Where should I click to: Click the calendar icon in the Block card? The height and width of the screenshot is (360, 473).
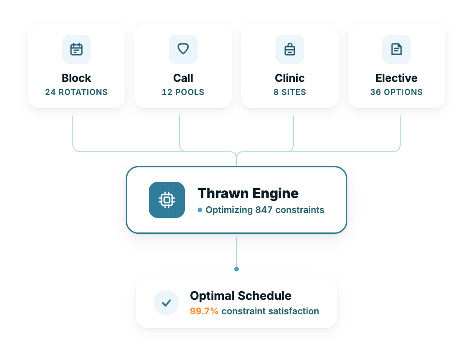pos(76,49)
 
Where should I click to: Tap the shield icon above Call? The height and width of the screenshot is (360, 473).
pos(183,49)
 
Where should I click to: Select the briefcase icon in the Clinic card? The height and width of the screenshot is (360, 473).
pos(290,49)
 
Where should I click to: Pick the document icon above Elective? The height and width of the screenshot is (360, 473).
pos(397,49)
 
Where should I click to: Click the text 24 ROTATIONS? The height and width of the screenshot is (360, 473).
pos(76,92)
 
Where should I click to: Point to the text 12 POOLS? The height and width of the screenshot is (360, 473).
pos(183,92)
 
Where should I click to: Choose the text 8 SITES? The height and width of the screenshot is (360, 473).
pos(290,92)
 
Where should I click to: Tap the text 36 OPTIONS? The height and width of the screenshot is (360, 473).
pos(397,92)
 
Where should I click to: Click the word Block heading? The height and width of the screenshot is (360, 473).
pos(76,78)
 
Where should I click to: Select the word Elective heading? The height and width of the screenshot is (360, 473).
pos(397,78)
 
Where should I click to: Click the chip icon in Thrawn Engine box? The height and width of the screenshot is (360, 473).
pos(167,200)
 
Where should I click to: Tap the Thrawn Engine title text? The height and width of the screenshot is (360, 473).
pos(248,194)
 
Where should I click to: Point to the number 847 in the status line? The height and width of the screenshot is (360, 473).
pos(264,210)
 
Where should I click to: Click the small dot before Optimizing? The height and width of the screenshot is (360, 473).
pos(200,210)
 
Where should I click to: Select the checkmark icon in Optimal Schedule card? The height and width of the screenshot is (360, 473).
pos(166,303)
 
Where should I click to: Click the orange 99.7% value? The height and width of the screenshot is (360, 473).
pos(204,311)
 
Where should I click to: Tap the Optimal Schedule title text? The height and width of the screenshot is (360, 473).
pos(241,296)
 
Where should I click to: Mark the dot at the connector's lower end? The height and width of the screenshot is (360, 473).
pos(236,269)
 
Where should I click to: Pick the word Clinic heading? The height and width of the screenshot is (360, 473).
pos(290,78)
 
